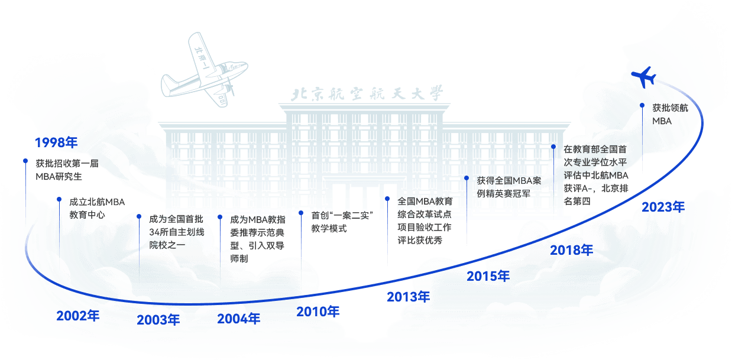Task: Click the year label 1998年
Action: tap(56, 142)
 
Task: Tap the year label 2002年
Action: tap(77, 316)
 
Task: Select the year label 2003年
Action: tap(158, 320)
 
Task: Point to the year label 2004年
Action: tap(238, 319)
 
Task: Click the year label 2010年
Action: tap(318, 312)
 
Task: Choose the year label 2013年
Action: tap(408, 297)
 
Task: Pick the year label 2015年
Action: tap(488, 276)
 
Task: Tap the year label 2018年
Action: tap(571, 250)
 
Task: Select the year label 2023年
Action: tap(663, 207)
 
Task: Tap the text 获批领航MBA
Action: tap(670, 114)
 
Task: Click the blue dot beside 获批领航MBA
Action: tap(642, 106)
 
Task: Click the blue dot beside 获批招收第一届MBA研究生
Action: tap(25, 161)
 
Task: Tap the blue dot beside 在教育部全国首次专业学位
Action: tap(553, 146)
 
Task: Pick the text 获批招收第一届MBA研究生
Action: tap(66, 170)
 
